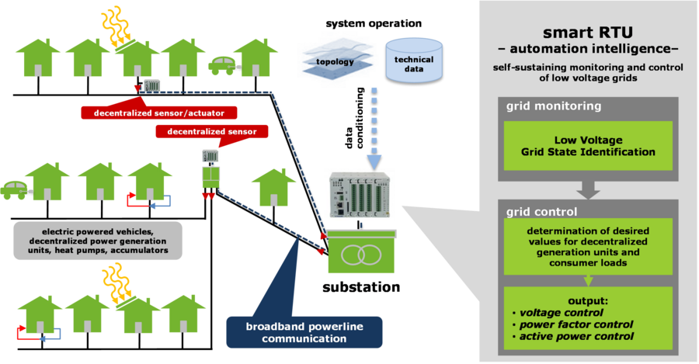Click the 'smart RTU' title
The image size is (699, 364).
point(587,33)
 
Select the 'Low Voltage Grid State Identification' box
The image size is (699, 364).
point(588,147)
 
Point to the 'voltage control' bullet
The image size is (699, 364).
point(552,312)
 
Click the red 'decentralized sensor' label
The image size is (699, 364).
point(212,131)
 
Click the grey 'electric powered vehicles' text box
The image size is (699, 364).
point(98,241)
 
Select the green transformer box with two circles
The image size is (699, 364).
point(361,255)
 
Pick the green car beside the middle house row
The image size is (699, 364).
point(17,189)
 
